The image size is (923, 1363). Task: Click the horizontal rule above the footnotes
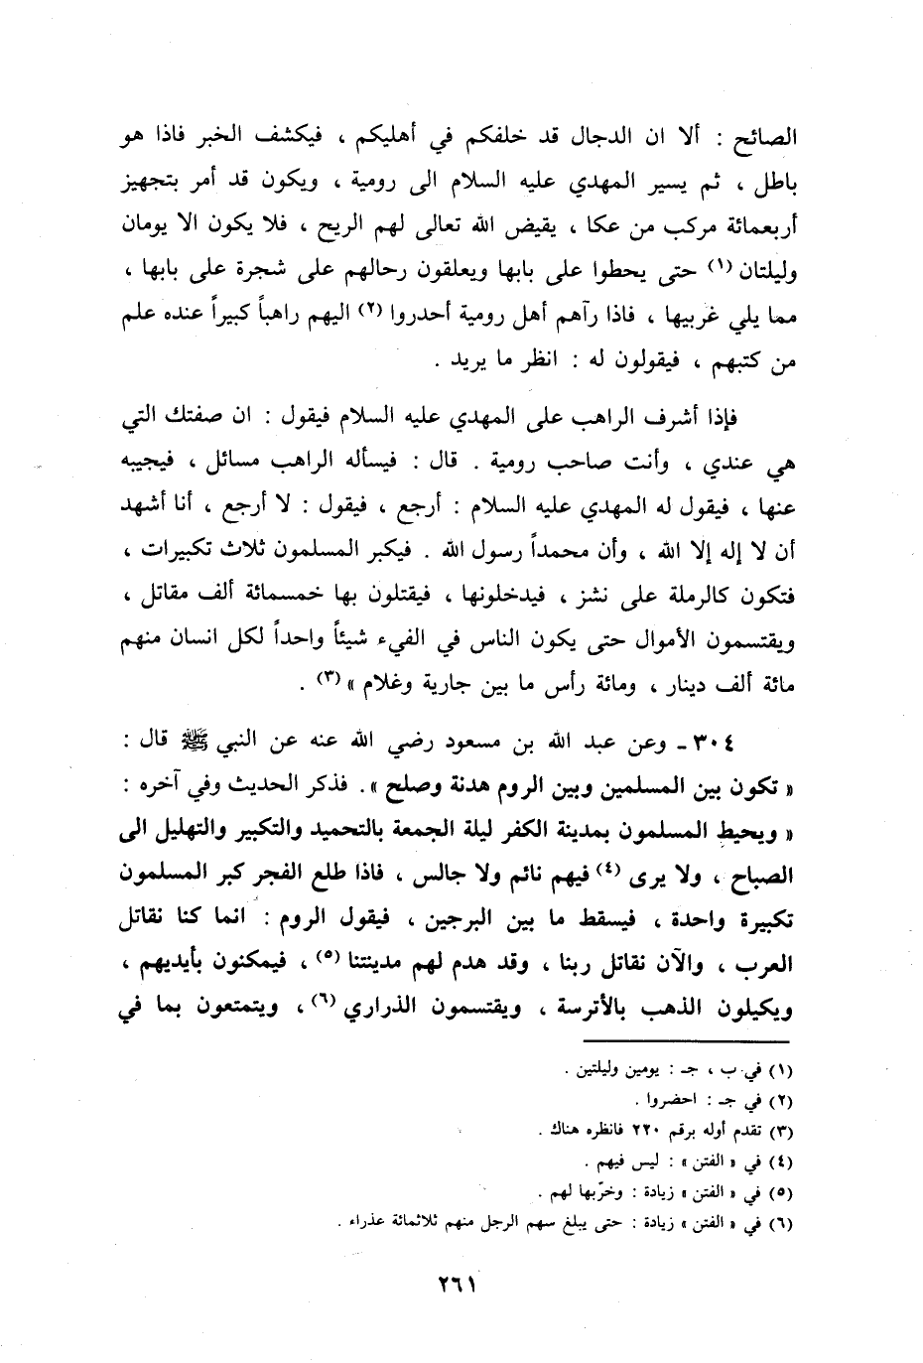pyautogui.click(x=685, y=1040)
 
